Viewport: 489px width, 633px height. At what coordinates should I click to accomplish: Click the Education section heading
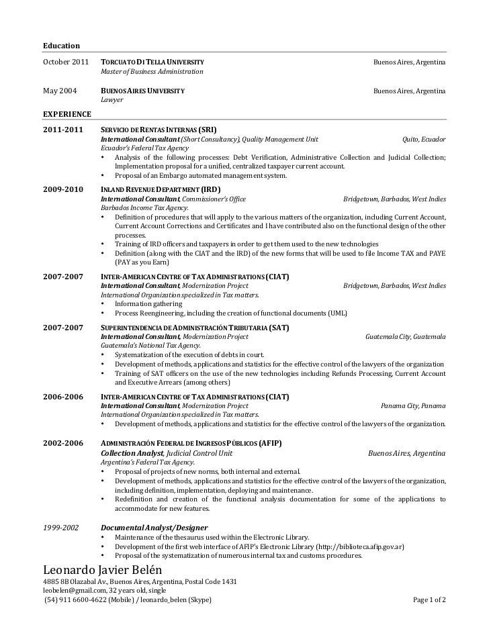click(61, 46)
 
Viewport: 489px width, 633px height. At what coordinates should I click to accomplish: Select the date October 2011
click(65, 62)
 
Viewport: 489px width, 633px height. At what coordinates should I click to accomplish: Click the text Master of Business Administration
click(152, 72)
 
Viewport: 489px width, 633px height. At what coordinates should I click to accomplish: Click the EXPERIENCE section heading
click(67, 114)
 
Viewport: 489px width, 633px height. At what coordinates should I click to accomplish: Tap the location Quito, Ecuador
click(423, 139)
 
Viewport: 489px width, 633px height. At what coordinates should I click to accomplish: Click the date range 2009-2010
click(62, 190)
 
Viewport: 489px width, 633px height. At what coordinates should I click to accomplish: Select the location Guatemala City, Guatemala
click(405, 336)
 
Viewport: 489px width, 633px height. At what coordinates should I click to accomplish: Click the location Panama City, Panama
click(412, 406)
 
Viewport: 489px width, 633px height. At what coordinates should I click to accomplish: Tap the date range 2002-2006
click(62, 444)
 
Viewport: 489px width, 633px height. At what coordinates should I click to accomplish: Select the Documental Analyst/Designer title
click(154, 528)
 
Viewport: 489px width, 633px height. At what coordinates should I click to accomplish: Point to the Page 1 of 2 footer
click(429, 599)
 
